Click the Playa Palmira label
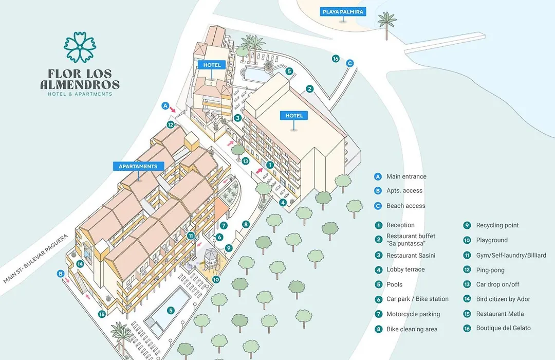click(343, 12)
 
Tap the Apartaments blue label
click(138, 166)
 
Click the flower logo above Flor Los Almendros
click(80, 47)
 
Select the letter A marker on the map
click(165, 105)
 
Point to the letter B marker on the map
click(61, 274)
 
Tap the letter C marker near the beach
click(350, 63)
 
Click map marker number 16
click(336, 59)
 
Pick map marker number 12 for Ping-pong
click(171, 125)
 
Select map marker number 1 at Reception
click(270, 165)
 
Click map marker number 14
click(80, 264)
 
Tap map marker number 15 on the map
click(102, 314)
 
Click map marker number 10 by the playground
click(216, 280)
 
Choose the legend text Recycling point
click(497, 225)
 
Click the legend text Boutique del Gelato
click(503, 328)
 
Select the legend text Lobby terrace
click(405, 269)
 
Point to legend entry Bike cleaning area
click(412, 329)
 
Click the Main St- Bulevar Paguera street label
click(35, 259)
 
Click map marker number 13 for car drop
click(245, 161)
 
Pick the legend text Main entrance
click(406, 176)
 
